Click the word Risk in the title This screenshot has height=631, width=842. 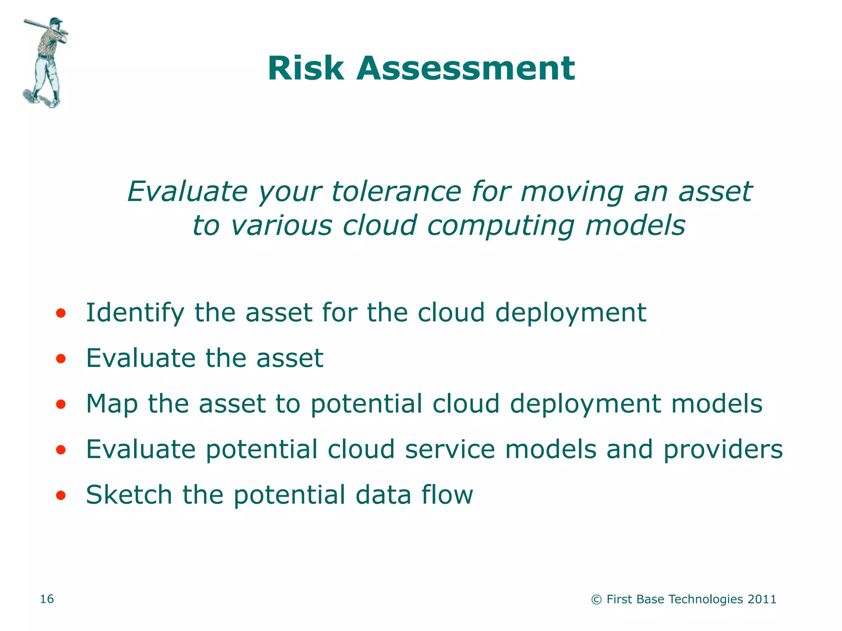pyautogui.click(x=305, y=68)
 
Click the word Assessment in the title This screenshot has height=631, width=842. pyautogui.click(x=465, y=68)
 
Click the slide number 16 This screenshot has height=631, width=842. pyautogui.click(x=46, y=599)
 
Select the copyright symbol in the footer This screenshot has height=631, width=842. pyautogui.click(x=596, y=600)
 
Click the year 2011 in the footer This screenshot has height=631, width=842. pyautogui.click(x=762, y=599)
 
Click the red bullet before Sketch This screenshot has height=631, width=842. pyautogui.click(x=61, y=496)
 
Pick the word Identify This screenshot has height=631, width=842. pyautogui.click(x=135, y=313)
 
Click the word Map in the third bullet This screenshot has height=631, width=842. pyautogui.click(x=111, y=404)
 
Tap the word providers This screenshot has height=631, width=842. pyautogui.click(x=723, y=450)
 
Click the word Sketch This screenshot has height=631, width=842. pyautogui.click(x=129, y=495)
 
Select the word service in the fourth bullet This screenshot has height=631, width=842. pyautogui.click(x=450, y=449)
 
